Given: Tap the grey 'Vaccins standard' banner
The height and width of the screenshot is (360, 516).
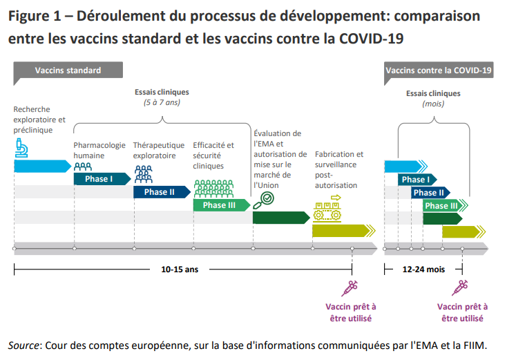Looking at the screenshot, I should [x=68, y=70].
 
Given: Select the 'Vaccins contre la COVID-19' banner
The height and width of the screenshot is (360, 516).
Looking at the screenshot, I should [x=438, y=70].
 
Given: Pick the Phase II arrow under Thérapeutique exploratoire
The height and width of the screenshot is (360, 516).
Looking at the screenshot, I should [x=160, y=192].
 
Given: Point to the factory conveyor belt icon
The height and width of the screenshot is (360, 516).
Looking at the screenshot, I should [x=327, y=210].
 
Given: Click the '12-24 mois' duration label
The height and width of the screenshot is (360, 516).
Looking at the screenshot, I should [x=424, y=269].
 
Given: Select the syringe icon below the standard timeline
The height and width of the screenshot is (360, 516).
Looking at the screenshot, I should [x=351, y=288].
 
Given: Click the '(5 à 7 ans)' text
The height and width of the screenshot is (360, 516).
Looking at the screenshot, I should [x=161, y=103].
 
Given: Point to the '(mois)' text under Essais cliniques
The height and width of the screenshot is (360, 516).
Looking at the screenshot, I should [x=432, y=104].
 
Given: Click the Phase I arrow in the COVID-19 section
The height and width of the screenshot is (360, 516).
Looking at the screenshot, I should [x=415, y=180].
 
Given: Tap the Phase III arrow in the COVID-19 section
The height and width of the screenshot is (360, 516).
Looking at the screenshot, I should [x=442, y=206].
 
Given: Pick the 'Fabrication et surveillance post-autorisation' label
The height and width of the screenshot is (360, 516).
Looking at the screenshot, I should [x=338, y=169].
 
